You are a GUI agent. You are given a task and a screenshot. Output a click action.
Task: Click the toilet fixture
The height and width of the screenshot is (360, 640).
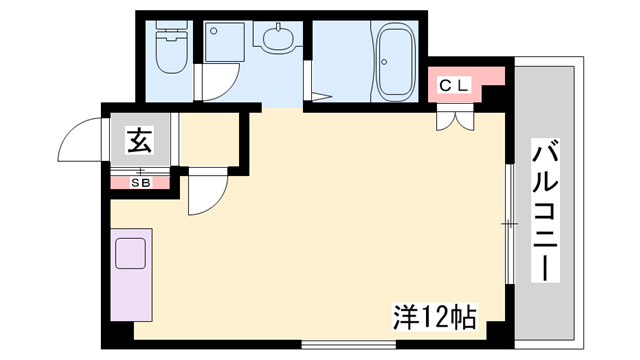172,47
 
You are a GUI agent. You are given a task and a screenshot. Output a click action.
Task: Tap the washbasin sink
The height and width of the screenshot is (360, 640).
278,38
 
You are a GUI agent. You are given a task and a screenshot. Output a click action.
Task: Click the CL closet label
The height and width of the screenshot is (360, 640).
453,85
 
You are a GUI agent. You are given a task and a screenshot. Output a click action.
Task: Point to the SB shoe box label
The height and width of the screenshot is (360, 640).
140,183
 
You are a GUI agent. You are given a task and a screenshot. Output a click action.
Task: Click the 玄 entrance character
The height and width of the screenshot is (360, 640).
140,141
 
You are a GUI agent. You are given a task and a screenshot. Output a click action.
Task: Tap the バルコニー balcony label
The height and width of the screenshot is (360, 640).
545,210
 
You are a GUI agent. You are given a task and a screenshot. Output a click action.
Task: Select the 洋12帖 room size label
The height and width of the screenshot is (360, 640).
434,317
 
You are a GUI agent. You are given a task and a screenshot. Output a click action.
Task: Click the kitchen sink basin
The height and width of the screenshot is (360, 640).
131,253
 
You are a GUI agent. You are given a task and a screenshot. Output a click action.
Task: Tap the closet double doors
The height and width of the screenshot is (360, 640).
455,117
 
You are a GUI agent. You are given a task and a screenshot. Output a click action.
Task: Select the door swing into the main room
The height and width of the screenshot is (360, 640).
208,191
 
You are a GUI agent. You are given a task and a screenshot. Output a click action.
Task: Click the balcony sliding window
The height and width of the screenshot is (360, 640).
509,224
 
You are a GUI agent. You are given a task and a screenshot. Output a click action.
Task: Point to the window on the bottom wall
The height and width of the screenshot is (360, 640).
349,344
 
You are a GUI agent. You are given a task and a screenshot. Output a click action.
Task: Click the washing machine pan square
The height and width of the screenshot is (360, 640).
224,42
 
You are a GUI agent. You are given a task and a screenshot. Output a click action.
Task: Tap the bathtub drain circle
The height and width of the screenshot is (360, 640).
384,62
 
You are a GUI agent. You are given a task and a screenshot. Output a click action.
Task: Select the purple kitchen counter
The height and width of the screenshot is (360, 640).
131,275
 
